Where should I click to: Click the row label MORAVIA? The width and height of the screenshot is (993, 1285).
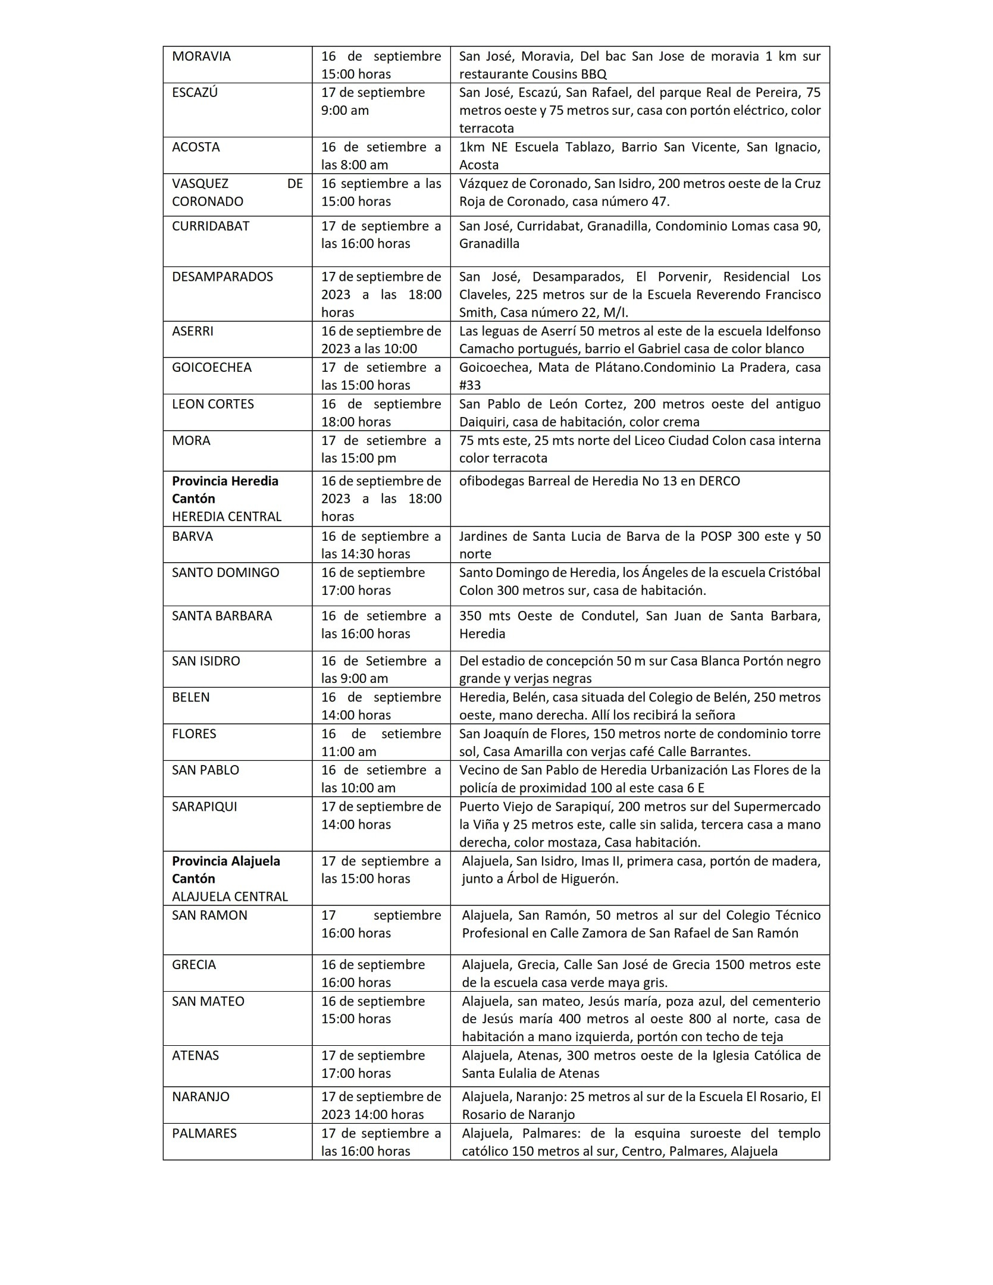pos(201,57)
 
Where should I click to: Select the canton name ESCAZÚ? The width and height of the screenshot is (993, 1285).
pos(195,93)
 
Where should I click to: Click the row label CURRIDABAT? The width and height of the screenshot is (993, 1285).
pos(211,226)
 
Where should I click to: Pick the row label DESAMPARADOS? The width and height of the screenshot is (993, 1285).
pos(223,277)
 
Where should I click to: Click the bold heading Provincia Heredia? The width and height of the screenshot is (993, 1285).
pos(225,481)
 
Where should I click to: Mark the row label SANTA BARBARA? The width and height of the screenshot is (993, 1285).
pos(222,616)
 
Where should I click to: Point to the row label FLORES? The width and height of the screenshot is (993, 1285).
pos(194,734)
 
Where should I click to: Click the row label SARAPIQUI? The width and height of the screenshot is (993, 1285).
pos(204,807)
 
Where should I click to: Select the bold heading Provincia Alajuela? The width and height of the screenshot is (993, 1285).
pos(226,861)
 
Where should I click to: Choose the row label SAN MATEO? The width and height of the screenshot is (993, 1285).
pos(208,1001)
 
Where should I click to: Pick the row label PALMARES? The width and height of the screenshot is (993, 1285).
pos(204,1133)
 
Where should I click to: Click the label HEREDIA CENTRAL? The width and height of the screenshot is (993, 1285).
pos(227,516)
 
